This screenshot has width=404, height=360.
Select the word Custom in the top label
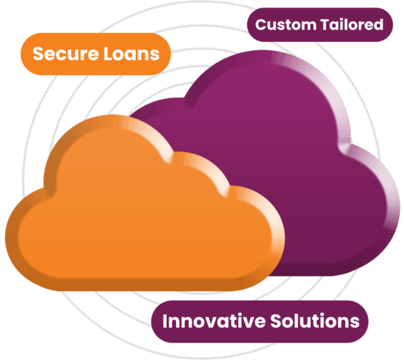[x=281, y=24]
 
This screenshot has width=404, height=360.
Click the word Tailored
[x=351, y=24]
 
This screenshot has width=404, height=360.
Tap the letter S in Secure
[x=37, y=54]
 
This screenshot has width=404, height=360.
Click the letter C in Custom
[x=260, y=25]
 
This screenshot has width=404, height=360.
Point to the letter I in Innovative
[x=165, y=321]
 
